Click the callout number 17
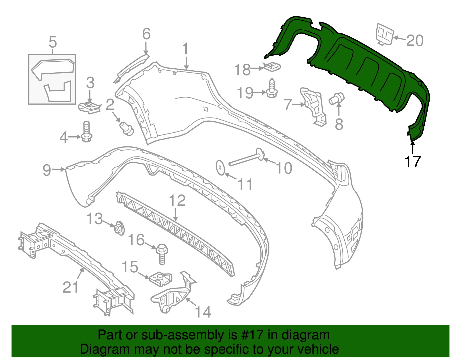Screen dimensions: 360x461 [413, 162]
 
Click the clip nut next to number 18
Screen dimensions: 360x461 [272, 67]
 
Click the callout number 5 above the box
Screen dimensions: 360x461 [53, 42]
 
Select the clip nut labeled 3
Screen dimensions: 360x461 [89, 107]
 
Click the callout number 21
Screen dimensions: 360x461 [71, 287]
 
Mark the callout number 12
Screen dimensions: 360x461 [177, 201]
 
